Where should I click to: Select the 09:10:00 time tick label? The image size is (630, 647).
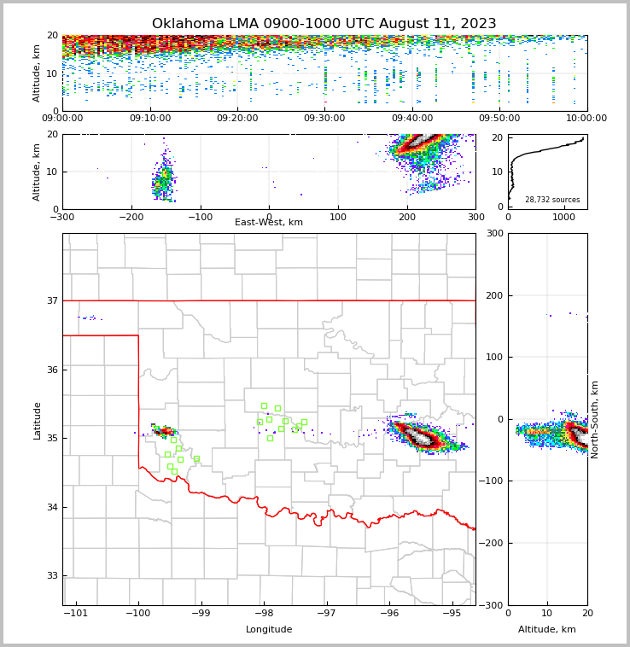[x=149, y=119]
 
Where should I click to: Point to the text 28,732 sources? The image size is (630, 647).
[x=552, y=200]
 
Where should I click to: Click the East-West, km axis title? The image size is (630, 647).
[x=269, y=223]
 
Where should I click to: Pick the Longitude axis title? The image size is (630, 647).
[x=269, y=630]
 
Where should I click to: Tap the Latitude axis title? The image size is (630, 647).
[x=37, y=420]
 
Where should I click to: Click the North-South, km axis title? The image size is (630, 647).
[x=595, y=419]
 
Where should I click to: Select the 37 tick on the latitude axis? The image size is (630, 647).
[x=51, y=300]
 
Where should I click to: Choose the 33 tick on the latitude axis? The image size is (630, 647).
[x=51, y=576]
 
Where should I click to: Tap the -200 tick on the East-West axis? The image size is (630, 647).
[x=131, y=217]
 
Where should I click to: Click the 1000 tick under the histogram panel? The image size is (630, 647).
[x=564, y=217]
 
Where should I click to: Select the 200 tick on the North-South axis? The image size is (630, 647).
[x=494, y=295]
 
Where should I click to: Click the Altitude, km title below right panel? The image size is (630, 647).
[x=547, y=630]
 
